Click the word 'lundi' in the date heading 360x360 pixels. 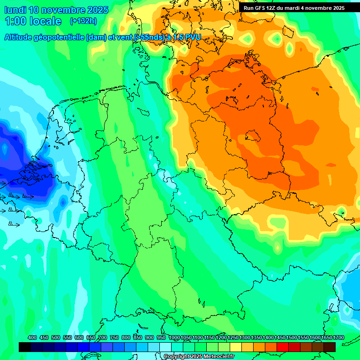[x=15, y=10]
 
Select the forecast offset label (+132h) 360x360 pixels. [x=83, y=21]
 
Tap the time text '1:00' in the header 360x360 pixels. [x=15, y=21]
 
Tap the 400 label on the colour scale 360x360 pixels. [x=32, y=338]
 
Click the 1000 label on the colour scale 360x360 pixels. [x=174, y=338]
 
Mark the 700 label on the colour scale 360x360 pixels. [x=103, y=338]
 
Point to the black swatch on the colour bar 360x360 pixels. [x=25, y=347]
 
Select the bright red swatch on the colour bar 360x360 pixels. [x=283, y=347]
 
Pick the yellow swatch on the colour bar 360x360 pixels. [x=236, y=347]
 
